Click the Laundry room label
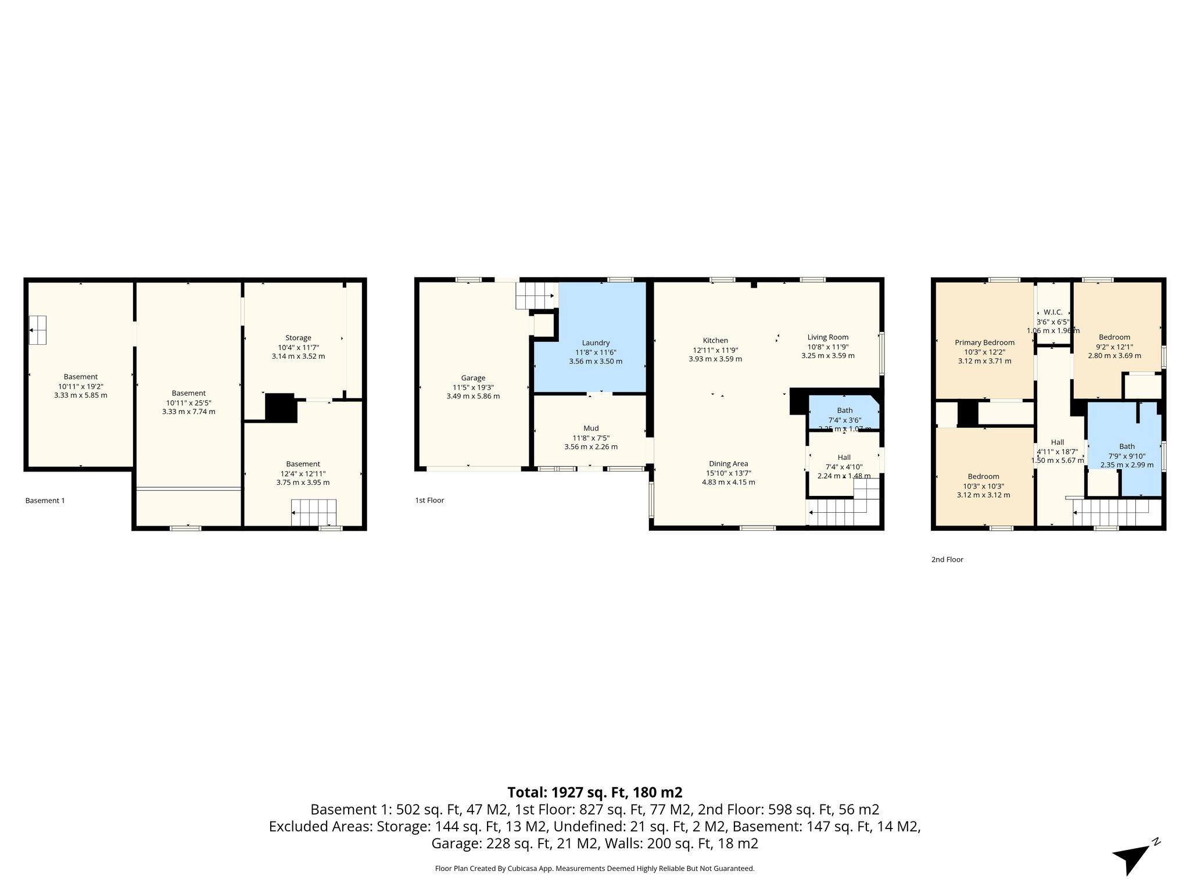(x=596, y=343)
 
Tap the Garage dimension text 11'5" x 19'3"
(x=473, y=387)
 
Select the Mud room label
(x=591, y=428)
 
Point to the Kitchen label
(x=715, y=341)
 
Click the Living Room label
(x=827, y=337)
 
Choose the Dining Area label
(x=728, y=464)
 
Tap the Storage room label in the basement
(x=298, y=338)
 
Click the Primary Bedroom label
(x=984, y=343)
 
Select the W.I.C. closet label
(x=1053, y=312)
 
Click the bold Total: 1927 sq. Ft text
(x=594, y=792)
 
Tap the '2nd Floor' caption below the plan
(x=947, y=560)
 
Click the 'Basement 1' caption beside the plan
(x=45, y=501)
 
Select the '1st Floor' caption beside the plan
(x=429, y=501)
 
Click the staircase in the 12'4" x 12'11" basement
(x=314, y=513)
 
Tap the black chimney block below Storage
(x=281, y=408)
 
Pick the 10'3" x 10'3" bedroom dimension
(x=983, y=487)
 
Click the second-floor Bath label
(x=1127, y=446)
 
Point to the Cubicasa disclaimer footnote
(x=594, y=869)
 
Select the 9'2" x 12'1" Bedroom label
(x=1114, y=337)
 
